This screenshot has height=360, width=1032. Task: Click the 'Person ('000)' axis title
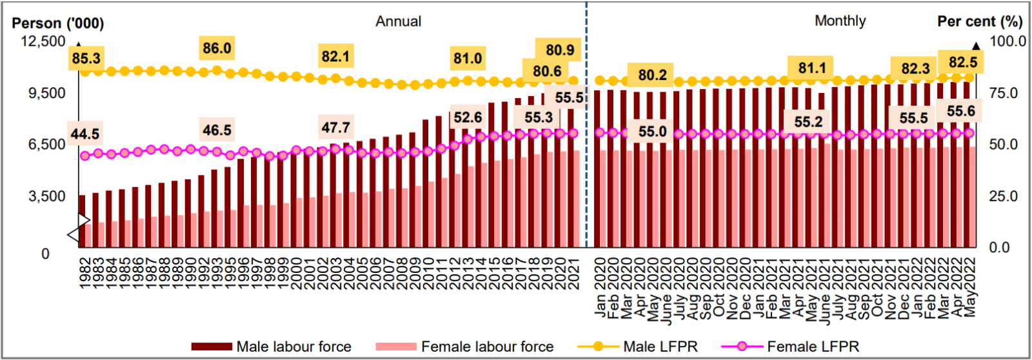[x=58, y=23]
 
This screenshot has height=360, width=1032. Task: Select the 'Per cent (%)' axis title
[x=980, y=21]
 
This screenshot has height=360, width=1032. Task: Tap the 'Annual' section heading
[x=399, y=21]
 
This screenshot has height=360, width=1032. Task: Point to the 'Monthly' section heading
[x=840, y=21]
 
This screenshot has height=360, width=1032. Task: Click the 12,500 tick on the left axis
[x=44, y=41]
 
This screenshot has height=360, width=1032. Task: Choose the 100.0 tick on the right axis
[x=1008, y=41]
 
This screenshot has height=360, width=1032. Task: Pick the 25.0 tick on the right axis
[x=1004, y=196]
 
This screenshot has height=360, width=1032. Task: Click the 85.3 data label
[x=86, y=58]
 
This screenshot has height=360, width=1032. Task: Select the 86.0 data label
[x=217, y=48]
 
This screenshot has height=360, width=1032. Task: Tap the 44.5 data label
[x=85, y=134]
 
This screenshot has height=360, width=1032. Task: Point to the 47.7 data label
[x=335, y=128]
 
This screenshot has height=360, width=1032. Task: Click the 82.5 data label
[x=962, y=63]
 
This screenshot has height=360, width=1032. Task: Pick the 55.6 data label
[x=960, y=111]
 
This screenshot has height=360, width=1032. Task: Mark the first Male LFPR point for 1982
[x=85, y=72]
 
